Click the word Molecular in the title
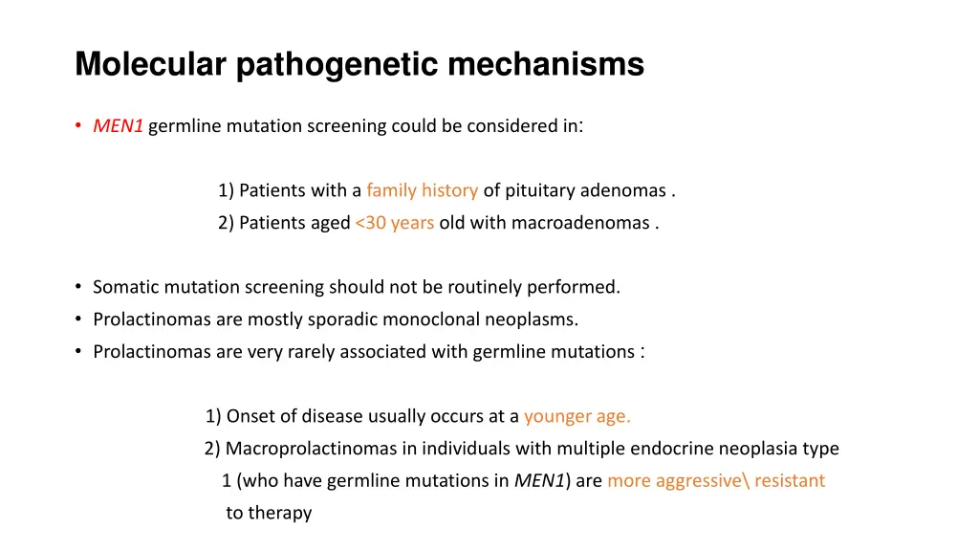(x=150, y=65)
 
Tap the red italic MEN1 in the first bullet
(x=118, y=126)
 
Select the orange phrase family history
(x=422, y=190)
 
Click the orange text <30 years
(x=394, y=223)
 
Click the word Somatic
(x=123, y=287)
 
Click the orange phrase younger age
(x=577, y=416)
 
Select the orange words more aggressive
(x=674, y=481)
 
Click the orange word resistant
(x=789, y=481)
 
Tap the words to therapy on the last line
(x=269, y=514)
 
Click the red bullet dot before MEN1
(x=77, y=126)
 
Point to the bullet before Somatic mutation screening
(x=77, y=287)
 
